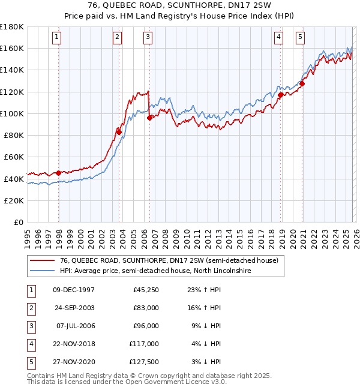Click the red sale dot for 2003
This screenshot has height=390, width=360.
coord(119,132)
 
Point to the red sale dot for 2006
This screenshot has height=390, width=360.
coord(149,118)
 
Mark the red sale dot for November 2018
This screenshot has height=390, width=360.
coord(280,95)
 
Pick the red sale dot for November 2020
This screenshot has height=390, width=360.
coord(302,83)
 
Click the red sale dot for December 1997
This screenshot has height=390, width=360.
coord(58,173)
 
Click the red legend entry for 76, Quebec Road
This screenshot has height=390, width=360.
coord(169,261)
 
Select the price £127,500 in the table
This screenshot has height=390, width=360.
coord(144,361)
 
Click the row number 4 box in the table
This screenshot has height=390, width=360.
coord(31,343)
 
